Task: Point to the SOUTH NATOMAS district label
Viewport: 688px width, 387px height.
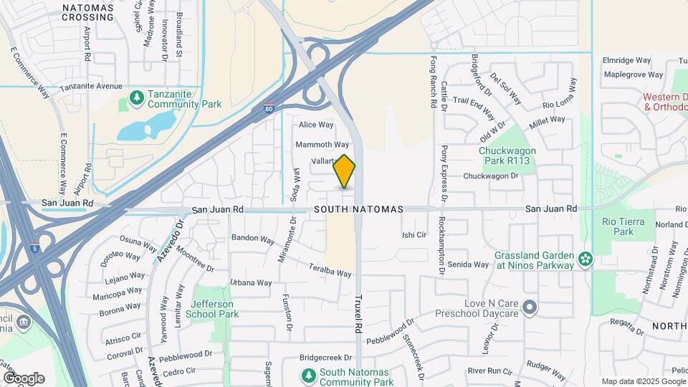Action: tap(358, 209)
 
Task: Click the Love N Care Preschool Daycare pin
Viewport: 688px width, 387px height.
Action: tap(530, 307)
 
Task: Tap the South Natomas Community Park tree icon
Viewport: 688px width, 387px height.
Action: tap(308, 374)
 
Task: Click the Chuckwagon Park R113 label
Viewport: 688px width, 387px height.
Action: tap(507, 157)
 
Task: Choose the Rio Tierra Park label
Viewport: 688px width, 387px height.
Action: tap(618, 226)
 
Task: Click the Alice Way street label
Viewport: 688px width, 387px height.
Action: tap(316, 125)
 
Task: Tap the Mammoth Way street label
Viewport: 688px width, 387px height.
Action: tap(322, 145)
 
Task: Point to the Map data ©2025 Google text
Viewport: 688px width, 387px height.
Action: tap(643, 381)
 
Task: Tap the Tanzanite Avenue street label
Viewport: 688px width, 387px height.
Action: tap(91, 87)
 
